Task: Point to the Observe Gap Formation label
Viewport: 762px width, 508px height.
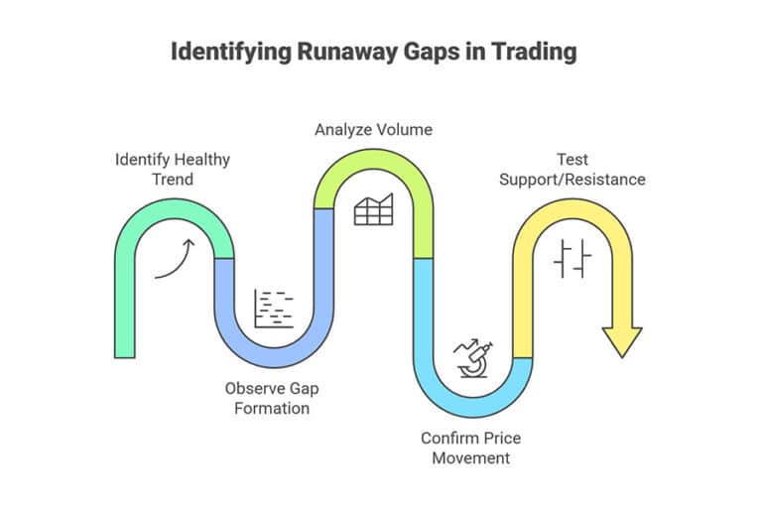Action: (x=271, y=397)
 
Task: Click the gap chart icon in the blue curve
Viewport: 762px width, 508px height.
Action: (x=274, y=309)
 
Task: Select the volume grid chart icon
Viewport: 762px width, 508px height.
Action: (x=373, y=209)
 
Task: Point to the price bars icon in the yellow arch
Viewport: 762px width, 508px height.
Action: (x=572, y=259)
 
